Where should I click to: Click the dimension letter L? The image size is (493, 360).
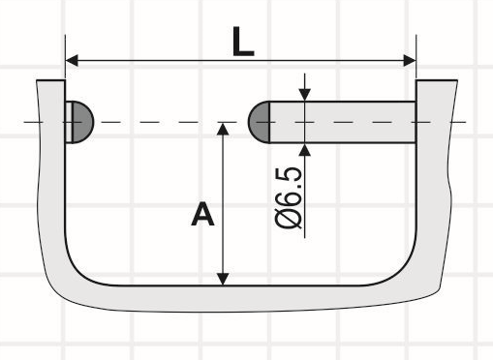(243, 42)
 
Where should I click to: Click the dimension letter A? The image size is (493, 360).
(202, 214)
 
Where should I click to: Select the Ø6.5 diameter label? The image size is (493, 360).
(289, 197)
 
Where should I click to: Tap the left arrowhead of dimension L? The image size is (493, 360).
(72, 60)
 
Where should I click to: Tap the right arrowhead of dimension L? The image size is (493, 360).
(410, 60)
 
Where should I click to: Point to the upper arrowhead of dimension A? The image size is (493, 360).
(223, 129)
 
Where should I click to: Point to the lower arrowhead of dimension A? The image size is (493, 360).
(223, 279)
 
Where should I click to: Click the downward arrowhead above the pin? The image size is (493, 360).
(305, 95)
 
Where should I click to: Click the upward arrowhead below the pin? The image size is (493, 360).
(305, 150)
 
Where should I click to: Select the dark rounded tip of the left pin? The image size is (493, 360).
(83, 122)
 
